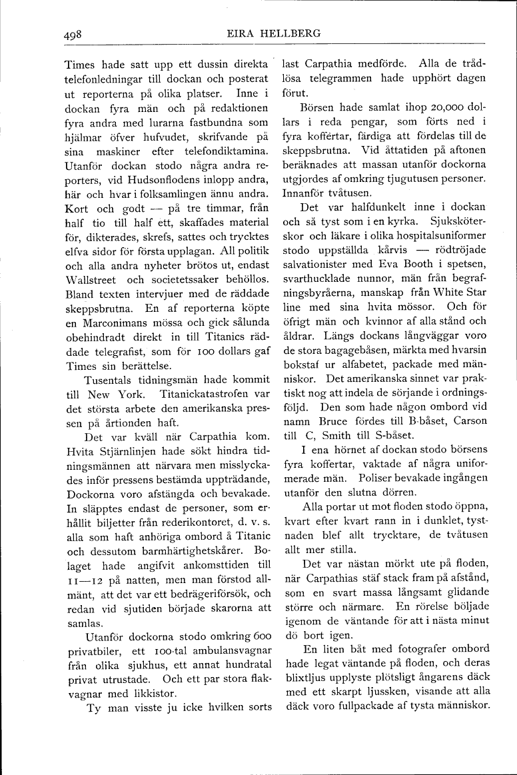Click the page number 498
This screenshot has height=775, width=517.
pyautogui.click(x=73, y=33)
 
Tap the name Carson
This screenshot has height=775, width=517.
pyautogui.click(x=468, y=421)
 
